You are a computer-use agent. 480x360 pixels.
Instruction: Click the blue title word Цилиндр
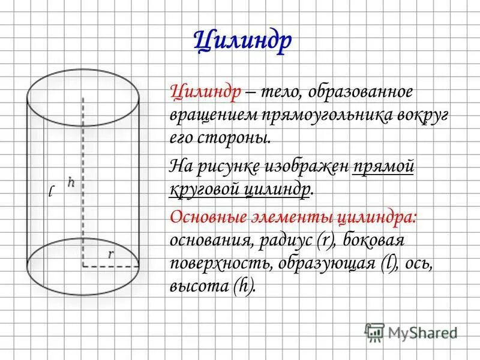(x=244, y=41)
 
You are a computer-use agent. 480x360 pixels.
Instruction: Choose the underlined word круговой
(x=205, y=190)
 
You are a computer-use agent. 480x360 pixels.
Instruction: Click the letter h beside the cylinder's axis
(x=71, y=182)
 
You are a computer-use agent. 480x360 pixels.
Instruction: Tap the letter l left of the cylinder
(x=52, y=191)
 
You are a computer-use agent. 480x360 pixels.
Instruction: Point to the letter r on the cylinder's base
(x=110, y=254)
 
